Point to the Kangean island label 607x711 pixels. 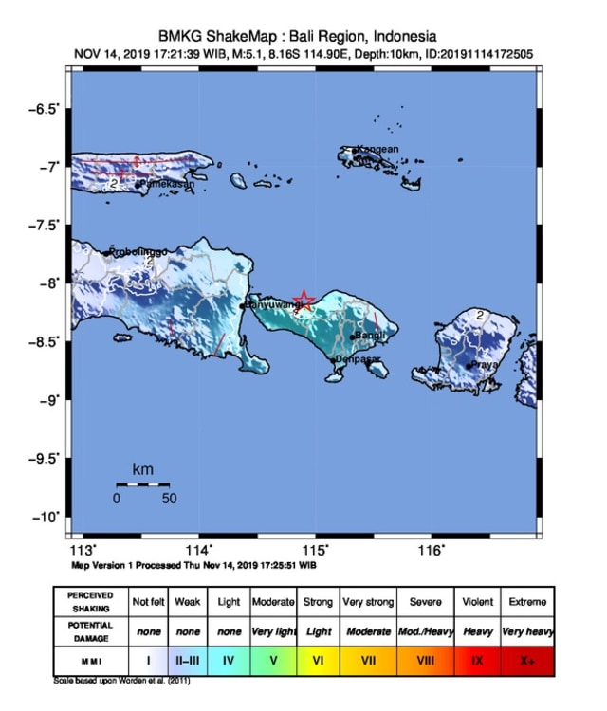[377, 149]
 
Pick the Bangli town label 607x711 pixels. [368, 336]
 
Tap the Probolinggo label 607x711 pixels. [138, 251]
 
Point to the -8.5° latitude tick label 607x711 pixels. [44, 341]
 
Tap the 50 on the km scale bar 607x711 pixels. [169, 498]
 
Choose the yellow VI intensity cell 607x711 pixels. [318, 660]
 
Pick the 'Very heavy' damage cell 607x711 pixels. [526, 630]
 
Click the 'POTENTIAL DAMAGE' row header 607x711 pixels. [91, 630]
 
